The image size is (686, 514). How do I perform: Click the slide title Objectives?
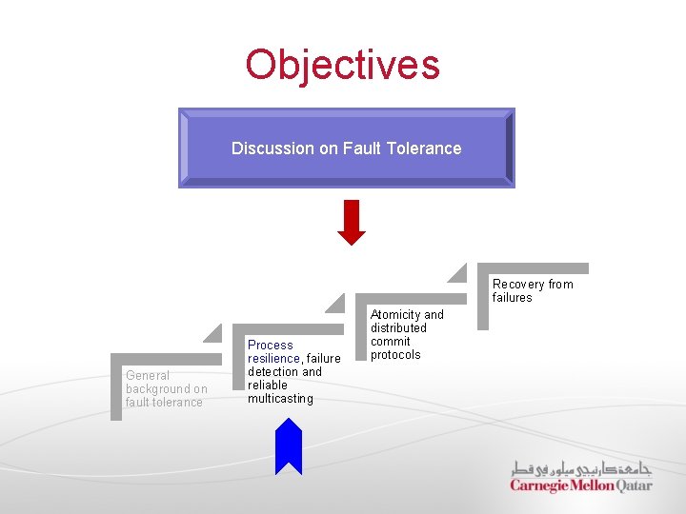[342, 65]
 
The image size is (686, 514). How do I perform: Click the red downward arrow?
[352, 222]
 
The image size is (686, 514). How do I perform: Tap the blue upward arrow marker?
[289, 446]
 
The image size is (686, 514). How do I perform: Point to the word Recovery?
[519, 285]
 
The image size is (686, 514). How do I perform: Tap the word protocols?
[395, 355]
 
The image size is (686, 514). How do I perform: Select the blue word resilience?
[273, 359]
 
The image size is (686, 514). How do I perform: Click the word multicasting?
[280, 399]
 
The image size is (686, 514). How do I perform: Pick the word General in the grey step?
[148, 376]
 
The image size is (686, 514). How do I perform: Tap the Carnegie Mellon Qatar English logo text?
[580, 485]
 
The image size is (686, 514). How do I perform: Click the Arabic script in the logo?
[580, 469]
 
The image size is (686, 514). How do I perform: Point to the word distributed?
[398, 328]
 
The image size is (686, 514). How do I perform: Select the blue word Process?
[271, 346]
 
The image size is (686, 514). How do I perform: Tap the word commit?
[391, 342]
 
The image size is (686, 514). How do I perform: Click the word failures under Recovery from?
[513, 298]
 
